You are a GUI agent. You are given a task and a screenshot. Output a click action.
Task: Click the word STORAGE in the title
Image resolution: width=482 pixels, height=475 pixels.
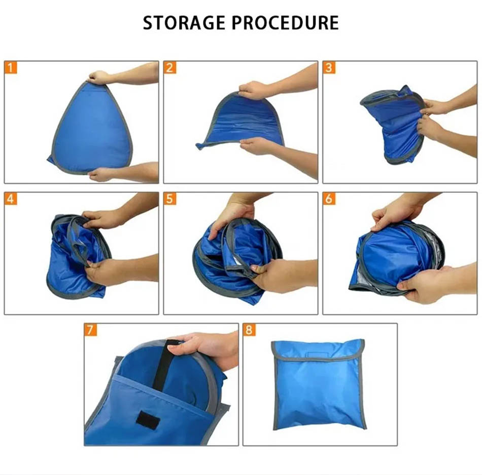click(x=184, y=23)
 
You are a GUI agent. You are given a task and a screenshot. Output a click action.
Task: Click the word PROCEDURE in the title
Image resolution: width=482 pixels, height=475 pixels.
click(x=285, y=23)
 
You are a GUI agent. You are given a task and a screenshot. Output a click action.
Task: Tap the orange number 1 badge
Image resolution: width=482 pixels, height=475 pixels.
click(x=11, y=67)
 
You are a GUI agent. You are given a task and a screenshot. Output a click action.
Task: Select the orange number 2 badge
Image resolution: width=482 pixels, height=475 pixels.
click(x=170, y=67)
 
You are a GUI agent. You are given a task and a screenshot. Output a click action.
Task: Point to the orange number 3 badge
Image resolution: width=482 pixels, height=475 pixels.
click(x=329, y=67)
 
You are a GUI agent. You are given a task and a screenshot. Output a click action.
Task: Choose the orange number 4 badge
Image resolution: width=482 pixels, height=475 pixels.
click(x=11, y=199)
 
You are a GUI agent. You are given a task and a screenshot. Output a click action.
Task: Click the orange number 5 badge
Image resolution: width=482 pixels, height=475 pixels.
click(x=170, y=199)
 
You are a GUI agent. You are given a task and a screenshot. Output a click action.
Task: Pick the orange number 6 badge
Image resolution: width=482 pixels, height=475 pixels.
click(x=329, y=199)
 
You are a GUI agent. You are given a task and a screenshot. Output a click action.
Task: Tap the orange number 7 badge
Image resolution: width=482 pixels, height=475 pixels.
click(x=90, y=330)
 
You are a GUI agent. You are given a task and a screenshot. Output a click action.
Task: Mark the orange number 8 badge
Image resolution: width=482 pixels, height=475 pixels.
click(x=249, y=330)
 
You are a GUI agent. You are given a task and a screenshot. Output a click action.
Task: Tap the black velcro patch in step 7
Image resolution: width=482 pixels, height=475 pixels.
click(x=148, y=419)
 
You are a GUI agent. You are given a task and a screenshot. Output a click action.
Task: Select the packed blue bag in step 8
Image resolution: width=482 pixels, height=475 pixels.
click(x=319, y=384)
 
